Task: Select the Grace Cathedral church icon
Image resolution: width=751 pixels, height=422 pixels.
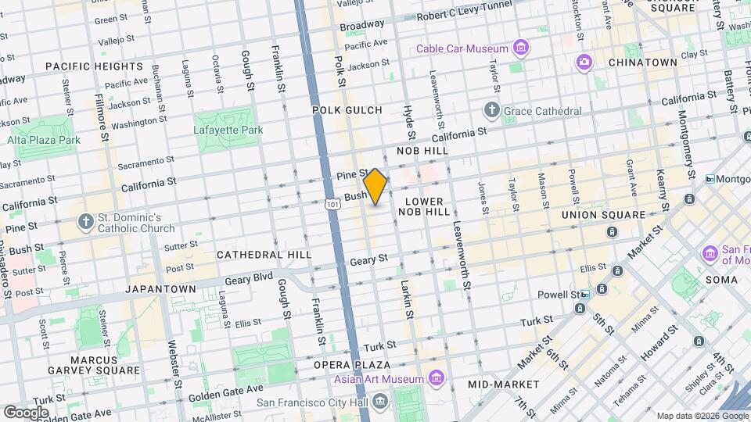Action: coord(491,110)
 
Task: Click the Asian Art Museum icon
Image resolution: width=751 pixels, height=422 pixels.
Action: coord(437,380)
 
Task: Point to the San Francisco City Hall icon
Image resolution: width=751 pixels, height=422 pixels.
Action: coord(380,402)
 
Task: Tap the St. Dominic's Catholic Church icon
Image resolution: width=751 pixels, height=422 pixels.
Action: coord(86,223)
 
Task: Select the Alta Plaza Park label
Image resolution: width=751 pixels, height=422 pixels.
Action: coord(44,140)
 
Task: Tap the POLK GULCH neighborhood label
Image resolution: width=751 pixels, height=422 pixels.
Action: coord(347,110)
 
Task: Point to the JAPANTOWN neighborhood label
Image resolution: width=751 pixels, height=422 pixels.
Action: coord(160,288)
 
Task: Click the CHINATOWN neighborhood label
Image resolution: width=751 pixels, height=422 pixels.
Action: coord(641,62)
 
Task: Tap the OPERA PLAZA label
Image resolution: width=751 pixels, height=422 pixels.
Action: coord(352,365)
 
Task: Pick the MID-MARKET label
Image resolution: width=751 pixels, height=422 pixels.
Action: coord(503,384)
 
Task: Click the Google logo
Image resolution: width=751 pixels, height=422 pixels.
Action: coord(26,412)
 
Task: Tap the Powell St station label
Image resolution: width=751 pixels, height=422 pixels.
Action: coord(573,295)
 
